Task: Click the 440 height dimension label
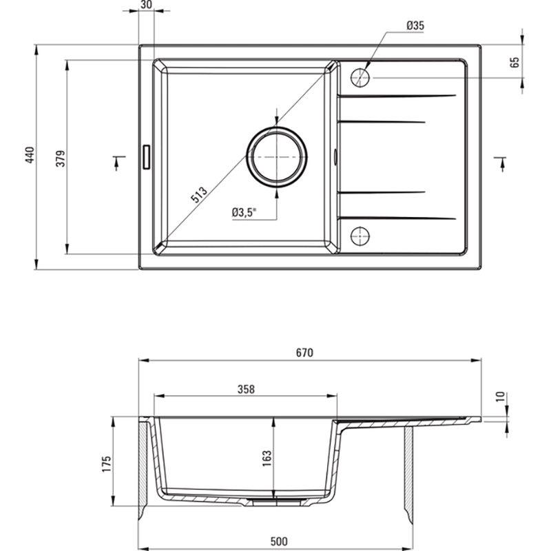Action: pos(30,155)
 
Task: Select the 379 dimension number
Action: pos(61,158)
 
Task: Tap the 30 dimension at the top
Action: pos(146,5)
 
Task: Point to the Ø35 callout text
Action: pos(415,25)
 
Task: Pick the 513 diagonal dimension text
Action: pos(199,195)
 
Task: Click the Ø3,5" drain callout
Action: pos(244,212)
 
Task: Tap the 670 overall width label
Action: pos(304,353)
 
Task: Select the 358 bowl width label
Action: pos(246,389)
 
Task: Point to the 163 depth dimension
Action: pos(267,458)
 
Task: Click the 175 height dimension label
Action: pos(107,464)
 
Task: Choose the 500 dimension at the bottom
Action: pos(279,541)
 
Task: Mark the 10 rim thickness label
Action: pos(501,397)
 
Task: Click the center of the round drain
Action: pos(277,157)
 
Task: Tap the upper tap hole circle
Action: pos(360,77)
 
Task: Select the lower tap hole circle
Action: pos(360,236)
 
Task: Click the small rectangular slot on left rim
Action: pos(146,157)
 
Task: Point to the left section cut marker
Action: pos(118,163)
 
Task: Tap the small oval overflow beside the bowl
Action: pos(335,156)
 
